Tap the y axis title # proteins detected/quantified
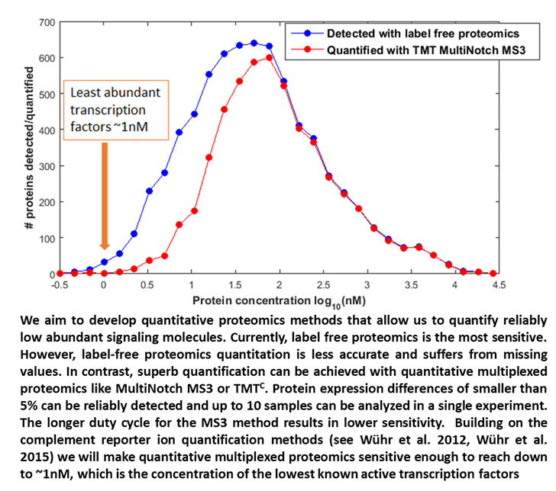pos(28,148)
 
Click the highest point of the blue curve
pos(254,43)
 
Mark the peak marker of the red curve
pos(270,57)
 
